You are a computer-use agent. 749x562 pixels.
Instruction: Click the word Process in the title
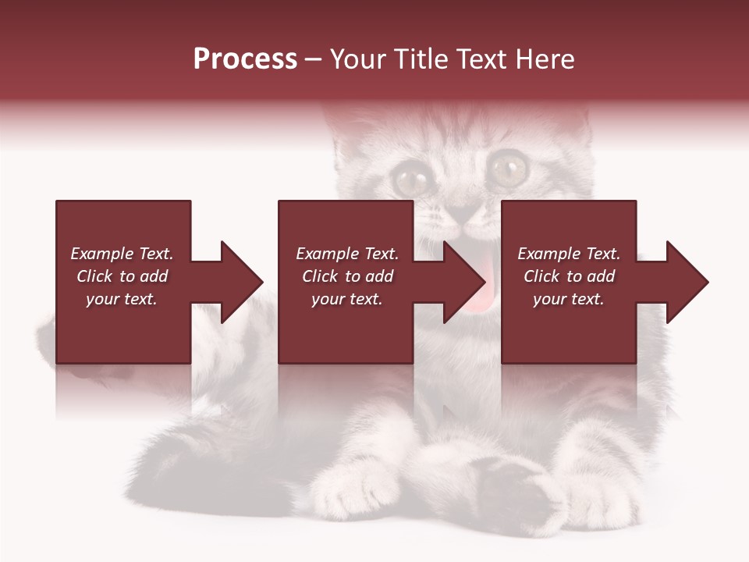[245, 59]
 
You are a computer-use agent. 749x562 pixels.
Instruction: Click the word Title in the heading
[421, 59]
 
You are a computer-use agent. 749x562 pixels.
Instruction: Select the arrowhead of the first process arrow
[242, 282]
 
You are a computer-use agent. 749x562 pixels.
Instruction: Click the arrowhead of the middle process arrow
[465, 282]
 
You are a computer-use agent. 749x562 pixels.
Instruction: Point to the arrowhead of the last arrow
[687, 282]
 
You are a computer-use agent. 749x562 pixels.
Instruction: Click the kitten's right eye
[508, 166]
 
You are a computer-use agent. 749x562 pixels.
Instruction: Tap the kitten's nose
[466, 212]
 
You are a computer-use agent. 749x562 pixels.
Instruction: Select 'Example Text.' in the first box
[122, 254]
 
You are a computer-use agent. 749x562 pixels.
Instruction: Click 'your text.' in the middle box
[346, 299]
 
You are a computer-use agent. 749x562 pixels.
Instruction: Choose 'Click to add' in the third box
[570, 276]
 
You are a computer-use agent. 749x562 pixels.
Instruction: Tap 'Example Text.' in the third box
[569, 254]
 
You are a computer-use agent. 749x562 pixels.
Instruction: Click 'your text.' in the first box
[122, 299]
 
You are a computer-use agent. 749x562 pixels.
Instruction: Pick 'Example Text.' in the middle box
[346, 254]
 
